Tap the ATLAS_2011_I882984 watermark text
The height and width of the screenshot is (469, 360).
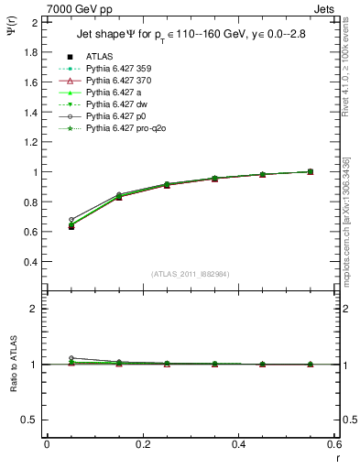(x=191, y=274)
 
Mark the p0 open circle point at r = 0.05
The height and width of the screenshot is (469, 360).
(x=71, y=220)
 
